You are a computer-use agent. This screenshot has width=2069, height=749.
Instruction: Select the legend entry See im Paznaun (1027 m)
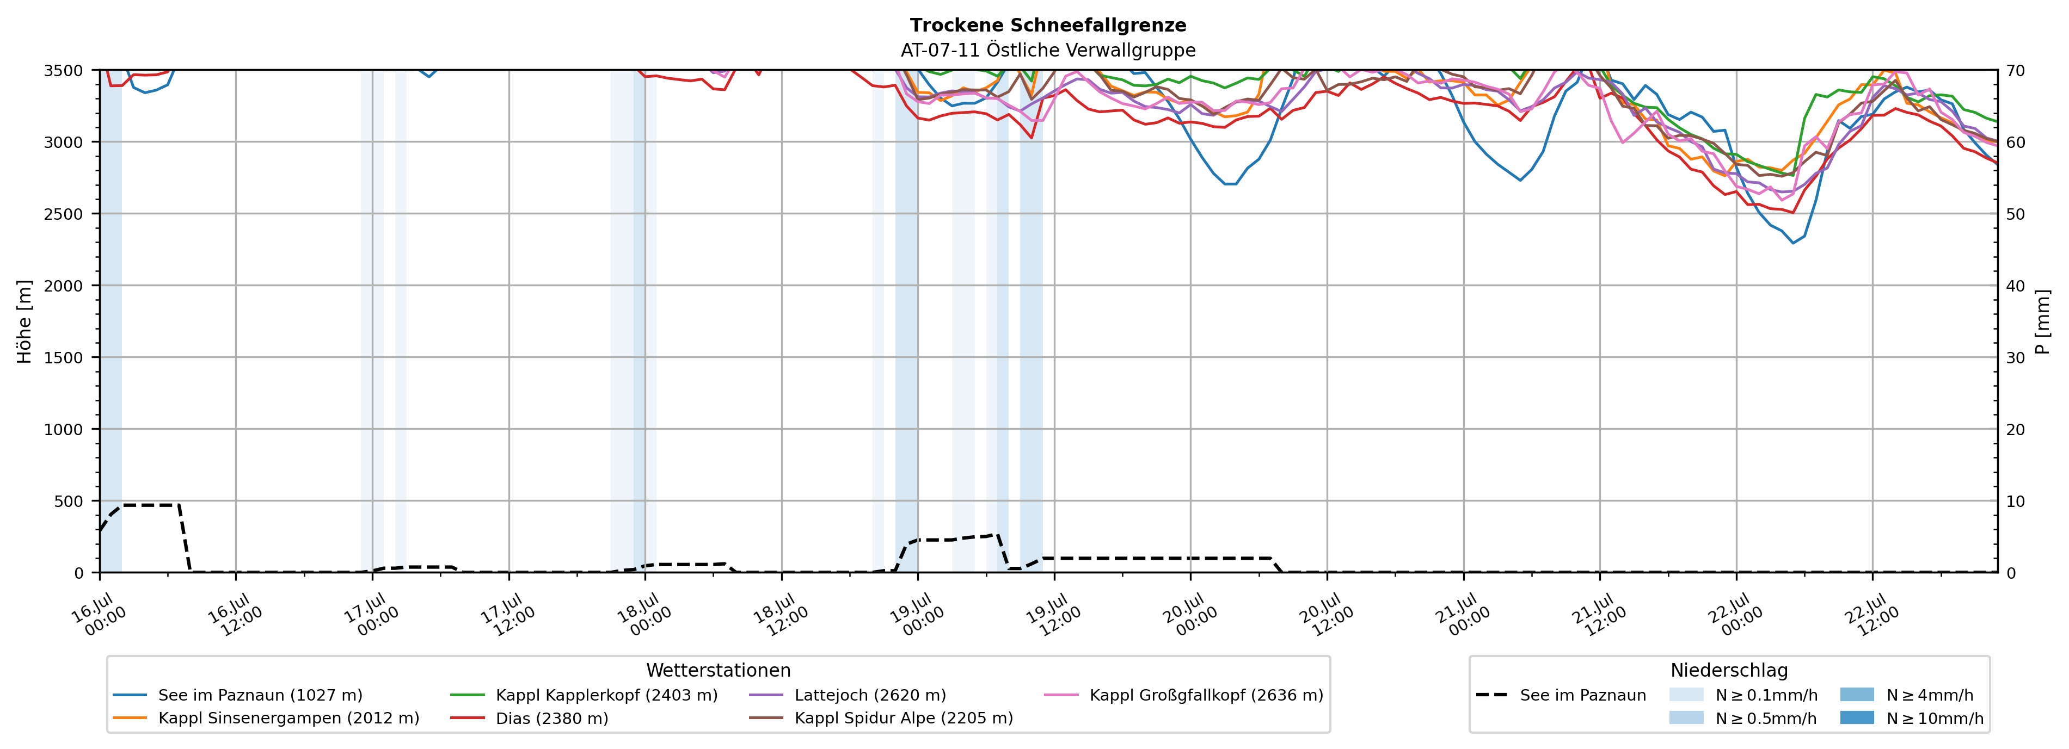(x=237, y=695)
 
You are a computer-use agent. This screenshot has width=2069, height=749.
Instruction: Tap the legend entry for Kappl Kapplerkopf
(x=584, y=695)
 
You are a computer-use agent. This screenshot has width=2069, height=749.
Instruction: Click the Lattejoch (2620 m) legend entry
(x=848, y=695)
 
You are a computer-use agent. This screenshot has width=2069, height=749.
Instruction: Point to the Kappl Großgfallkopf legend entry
(x=1184, y=695)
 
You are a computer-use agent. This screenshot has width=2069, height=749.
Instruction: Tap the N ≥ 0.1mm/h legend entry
(x=1743, y=695)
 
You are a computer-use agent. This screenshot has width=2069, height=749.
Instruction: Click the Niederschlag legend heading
(x=1729, y=670)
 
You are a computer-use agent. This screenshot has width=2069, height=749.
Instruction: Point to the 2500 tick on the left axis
(x=64, y=214)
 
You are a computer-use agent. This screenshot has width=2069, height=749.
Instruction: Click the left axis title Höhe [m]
(x=25, y=321)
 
